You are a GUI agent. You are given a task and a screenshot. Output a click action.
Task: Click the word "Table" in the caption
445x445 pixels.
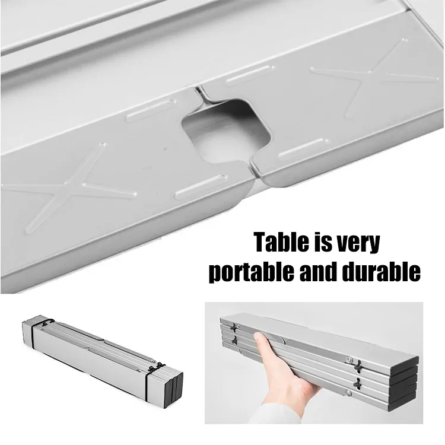279,242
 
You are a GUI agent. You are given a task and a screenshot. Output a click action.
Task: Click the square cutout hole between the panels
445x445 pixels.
225,130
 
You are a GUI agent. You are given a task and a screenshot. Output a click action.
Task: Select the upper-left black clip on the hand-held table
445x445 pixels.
235,327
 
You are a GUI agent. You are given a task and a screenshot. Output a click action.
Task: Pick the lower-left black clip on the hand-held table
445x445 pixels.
235,340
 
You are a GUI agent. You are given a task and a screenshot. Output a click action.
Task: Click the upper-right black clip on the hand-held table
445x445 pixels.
358,365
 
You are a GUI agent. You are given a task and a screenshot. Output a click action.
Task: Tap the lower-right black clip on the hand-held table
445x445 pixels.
358,383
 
